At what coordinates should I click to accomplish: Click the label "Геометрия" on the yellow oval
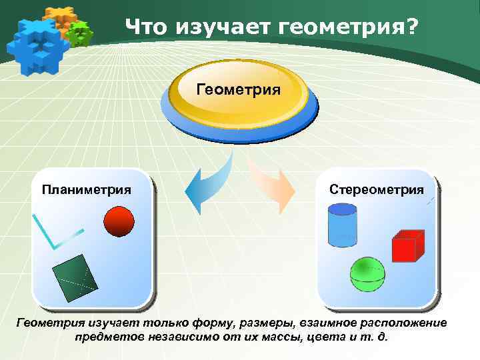239,89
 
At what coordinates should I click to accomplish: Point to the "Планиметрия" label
86,189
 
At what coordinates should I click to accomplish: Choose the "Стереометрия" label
377,189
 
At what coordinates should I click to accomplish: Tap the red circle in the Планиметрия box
119,221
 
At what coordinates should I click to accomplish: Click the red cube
407,245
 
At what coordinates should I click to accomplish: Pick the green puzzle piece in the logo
81,32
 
